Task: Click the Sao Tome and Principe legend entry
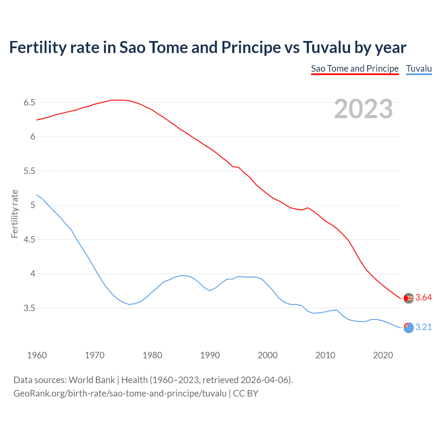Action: click(x=355, y=69)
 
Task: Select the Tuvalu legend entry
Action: click(x=419, y=69)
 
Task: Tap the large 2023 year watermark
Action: click(x=363, y=109)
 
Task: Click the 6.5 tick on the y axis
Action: click(x=29, y=102)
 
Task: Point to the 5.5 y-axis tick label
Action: click(x=29, y=171)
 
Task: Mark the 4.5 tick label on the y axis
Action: click(x=29, y=239)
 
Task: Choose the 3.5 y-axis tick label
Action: click(x=29, y=308)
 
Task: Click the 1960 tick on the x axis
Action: click(x=37, y=355)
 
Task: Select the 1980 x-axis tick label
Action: click(x=152, y=355)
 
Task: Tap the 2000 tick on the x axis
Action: click(x=267, y=355)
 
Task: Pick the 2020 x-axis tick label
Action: click(x=383, y=355)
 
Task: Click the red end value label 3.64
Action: click(x=423, y=298)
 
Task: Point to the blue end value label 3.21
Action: click(x=423, y=327)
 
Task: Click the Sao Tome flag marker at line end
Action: click(x=409, y=298)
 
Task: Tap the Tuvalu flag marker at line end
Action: click(x=409, y=328)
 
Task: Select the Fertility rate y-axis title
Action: click(x=14, y=214)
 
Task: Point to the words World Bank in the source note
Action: click(x=92, y=380)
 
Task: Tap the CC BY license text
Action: click(x=245, y=393)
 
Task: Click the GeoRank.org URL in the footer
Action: click(x=120, y=393)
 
